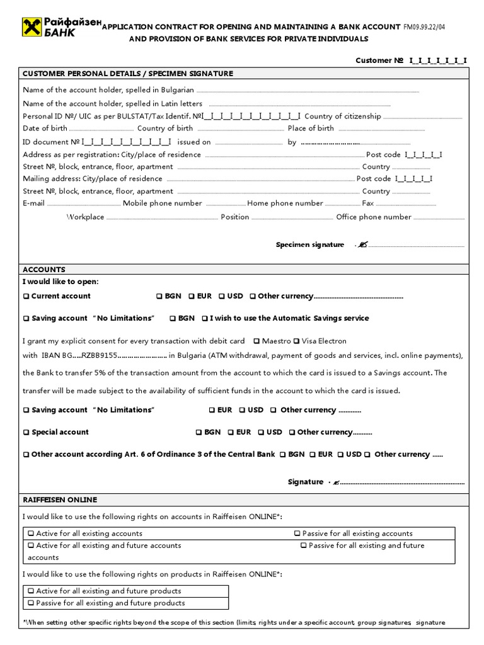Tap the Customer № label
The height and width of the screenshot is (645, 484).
379,60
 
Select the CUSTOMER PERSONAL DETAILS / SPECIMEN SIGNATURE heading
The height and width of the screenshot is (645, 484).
127,74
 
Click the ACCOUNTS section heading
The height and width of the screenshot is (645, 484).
44,270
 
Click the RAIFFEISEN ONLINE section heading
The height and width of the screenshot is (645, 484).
60,500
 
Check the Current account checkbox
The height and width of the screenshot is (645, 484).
26,297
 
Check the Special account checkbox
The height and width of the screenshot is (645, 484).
26,433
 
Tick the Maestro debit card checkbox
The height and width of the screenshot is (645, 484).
256,341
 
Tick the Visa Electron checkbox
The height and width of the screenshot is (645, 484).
297,341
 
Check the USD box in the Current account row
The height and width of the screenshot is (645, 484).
222,297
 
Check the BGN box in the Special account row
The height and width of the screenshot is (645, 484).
199,433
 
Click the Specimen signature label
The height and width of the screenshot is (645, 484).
310,244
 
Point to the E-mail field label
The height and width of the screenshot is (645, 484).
34,203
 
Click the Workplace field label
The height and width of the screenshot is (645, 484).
85,217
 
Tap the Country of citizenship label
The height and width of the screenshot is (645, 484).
342,117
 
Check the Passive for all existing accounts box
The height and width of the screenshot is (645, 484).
297,534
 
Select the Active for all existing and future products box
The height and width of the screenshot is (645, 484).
31,591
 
